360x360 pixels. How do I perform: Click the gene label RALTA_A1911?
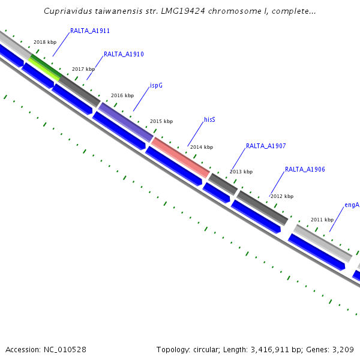pyautogui.click(x=89, y=31)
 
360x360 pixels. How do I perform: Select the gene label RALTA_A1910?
pyautogui.click(x=124, y=55)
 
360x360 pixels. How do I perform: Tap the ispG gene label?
pyautogui.click(x=156, y=86)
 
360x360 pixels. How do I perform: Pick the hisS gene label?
pyautogui.click(x=209, y=120)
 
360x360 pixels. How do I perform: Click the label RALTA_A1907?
pyautogui.click(x=266, y=146)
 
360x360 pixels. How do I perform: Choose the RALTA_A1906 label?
pyautogui.click(x=305, y=170)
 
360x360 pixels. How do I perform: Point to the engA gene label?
pyautogui.click(x=352, y=205)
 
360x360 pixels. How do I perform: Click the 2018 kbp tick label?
pyautogui.click(x=45, y=43)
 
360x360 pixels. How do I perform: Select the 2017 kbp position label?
pyautogui.click(x=83, y=70)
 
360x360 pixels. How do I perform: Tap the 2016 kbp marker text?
pyautogui.click(x=122, y=95)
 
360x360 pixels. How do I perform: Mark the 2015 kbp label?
pyautogui.click(x=161, y=121)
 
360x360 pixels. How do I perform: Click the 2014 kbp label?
pyautogui.click(x=202, y=147)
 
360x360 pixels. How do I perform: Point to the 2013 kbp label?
pyautogui.click(x=241, y=172)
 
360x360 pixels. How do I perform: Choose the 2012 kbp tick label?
pyautogui.click(x=282, y=196)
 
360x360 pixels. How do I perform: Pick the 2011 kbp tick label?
pyautogui.click(x=322, y=220)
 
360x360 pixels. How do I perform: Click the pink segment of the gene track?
pyautogui.click(x=180, y=157)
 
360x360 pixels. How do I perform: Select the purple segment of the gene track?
pyautogui.click(x=125, y=122)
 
